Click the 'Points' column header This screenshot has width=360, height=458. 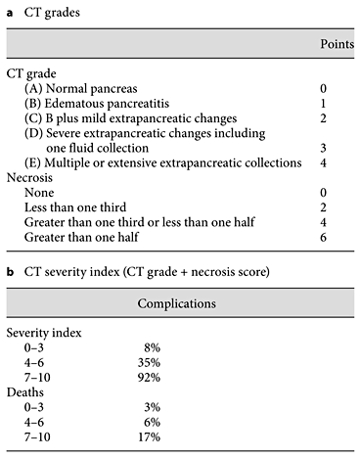pyautogui.click(x=337, y=45)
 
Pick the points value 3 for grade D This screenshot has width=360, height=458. pyautogui.click(x=337, y=146)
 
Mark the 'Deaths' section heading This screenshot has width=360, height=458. pyautogui.click(x=26, y=390)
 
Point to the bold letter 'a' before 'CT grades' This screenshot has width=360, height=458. pyautogui.click(x=10, y=10)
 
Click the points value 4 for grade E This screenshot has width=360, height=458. pyautogui.click(x=337, y=161)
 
